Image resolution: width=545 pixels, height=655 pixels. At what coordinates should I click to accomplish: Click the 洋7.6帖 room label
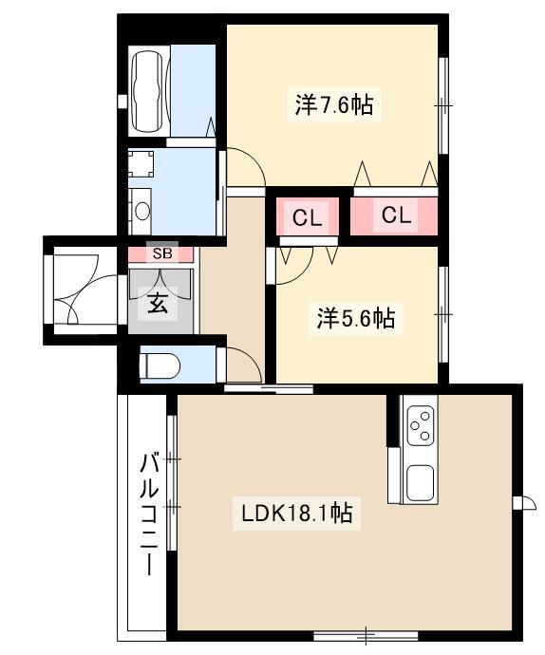pos(334,104)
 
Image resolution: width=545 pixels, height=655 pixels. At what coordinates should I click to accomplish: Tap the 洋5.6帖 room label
pos(356,319)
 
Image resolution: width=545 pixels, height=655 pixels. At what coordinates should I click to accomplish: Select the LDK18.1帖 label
pos(297,514)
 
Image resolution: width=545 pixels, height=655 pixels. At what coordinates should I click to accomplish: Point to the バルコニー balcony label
pos(149,515)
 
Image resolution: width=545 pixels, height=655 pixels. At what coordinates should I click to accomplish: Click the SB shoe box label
pos(162,253)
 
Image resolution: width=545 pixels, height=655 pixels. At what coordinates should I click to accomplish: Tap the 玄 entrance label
pos(159,303)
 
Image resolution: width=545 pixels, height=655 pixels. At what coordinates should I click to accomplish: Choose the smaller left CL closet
pos(308,216)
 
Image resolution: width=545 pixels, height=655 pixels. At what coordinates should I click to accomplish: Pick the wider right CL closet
pos(394,216)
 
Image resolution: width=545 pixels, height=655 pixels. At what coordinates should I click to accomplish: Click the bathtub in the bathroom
pos(147,91)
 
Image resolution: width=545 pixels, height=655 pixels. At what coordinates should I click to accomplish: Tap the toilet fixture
pos(160,366)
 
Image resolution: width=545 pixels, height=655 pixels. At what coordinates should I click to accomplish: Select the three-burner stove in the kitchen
pos(421,425)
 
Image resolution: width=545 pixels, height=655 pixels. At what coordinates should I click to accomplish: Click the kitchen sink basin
pos(420,483)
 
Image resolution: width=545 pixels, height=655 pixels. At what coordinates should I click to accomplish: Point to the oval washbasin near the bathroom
pos(142,211)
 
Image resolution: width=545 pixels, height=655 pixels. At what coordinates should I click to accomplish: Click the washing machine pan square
pos(141,163)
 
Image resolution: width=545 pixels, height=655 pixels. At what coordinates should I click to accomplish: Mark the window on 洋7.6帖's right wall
pos(443,105)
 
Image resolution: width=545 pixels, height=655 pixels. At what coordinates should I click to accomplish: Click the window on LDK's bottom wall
pos(366,636)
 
